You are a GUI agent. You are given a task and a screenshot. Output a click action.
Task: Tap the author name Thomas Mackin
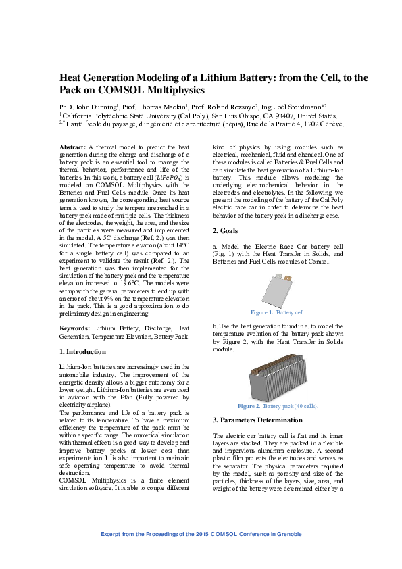160,107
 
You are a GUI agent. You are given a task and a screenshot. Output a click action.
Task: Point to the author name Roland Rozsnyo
229,107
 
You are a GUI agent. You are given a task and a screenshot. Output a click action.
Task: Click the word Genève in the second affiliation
332,124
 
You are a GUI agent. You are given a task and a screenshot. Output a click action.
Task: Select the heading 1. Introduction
83,352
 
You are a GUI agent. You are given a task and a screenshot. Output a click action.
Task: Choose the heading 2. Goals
228,231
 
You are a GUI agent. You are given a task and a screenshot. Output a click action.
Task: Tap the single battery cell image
278,289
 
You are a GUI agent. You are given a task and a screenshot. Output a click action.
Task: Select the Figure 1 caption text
278,313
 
